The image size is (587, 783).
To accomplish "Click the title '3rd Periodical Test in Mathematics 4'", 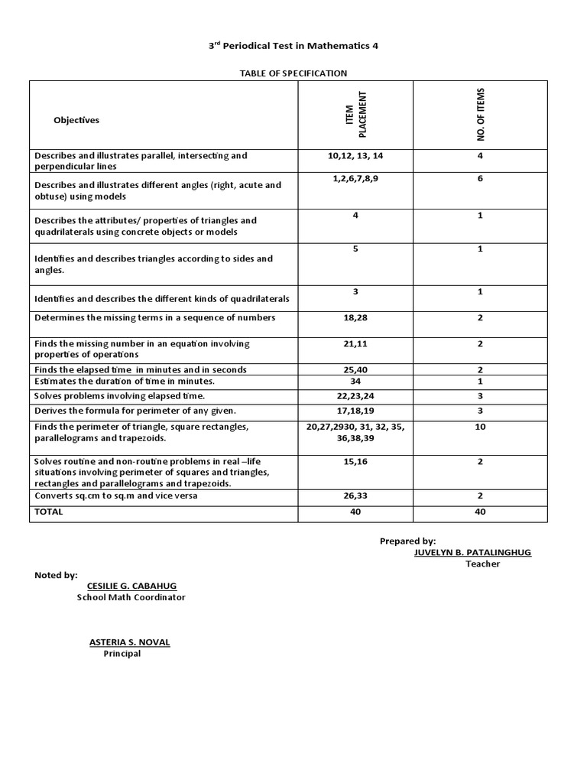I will (293, 46).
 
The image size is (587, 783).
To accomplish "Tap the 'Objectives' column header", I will (76, 120).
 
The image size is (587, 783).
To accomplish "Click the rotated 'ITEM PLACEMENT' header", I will (356, 115).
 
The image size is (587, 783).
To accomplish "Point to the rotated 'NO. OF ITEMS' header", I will (480, 115).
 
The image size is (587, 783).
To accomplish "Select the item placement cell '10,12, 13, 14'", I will (355, 156).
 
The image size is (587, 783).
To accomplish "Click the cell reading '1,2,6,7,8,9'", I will (355, 179).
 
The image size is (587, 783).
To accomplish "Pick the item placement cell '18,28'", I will (355, 318).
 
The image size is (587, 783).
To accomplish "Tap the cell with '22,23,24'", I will (355, 396).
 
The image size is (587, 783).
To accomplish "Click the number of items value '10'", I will (480, 427).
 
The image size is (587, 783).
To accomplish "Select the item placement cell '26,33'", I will (355, 496).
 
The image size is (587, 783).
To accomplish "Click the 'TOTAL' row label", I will (49, 512).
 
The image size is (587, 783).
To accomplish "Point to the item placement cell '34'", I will (355, 381).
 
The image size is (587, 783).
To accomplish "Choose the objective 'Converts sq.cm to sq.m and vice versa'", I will (115, 496).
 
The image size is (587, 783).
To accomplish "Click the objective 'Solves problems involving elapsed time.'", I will (120, 396).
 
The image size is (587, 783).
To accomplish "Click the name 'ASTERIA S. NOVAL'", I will (129, 642).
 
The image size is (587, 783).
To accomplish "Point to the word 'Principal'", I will (122, 654).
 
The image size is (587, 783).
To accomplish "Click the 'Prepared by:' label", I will (407, 541).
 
